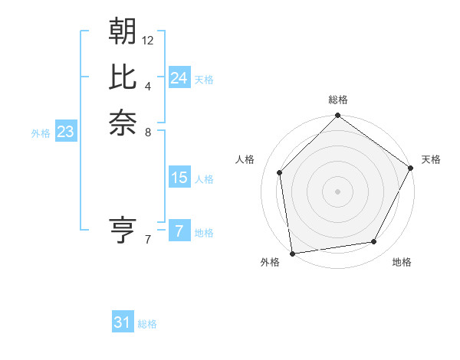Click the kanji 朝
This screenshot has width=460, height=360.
click(123, 32)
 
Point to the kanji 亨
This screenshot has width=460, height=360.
click(123, 229)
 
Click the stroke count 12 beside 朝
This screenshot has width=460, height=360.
click(148, 40)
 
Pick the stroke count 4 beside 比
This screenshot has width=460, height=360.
click(148, 86)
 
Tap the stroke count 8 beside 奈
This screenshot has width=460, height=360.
click(148, 131)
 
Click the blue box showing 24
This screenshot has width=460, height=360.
click(179, 78)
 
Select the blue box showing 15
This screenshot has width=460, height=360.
click(179, 178)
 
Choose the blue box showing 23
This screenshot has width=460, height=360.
click(66, 132)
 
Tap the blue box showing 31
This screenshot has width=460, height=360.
click(123, 322)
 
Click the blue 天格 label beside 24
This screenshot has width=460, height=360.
click(204, 80)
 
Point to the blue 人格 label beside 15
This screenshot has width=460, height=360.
click(204, 179)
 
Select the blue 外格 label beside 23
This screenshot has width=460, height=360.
click(41, 133)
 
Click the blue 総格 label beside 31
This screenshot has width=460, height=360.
click(147, 324)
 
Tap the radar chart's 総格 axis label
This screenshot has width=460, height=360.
click(337, 100)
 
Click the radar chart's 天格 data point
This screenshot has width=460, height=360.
click(411, 168)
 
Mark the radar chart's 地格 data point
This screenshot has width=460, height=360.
click(374, 242)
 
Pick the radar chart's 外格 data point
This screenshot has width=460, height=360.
click(292, 253)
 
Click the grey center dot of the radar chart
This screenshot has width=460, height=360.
click(337, 191)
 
